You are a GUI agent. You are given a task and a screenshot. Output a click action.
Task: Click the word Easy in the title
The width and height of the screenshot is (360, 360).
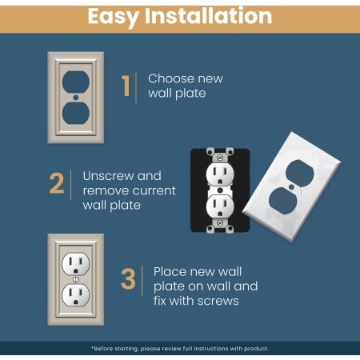pyautogui.click(x=113, y=17)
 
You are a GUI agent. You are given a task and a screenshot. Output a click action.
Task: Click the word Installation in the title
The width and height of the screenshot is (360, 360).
pyautogui.click(x=208, y=16)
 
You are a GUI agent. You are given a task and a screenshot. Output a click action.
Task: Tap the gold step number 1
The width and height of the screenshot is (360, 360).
pyautogui.click(x=126, y=86)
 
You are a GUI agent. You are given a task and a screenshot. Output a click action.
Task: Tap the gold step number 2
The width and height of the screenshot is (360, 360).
pyautogui.click(x=57, y=183)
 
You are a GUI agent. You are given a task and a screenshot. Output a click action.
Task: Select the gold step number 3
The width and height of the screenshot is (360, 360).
pyautogui.click(x=128, y=279)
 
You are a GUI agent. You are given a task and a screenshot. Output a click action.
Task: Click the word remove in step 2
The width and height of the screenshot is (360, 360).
pyautogui.click(x=106, y=191)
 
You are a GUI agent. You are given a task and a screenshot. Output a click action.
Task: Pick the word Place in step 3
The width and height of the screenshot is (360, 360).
pyautogui.click(x=171, y=272)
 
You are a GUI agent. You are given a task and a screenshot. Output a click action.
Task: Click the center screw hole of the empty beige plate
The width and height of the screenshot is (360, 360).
pyautogui.click(x=76, y=98)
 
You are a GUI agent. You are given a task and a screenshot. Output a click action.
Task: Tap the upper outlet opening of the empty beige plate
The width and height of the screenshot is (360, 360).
pyautogui.click(x=76, y=82)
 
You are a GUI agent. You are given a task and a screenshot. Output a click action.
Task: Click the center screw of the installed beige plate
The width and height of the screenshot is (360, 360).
pyautogui.click(x=76, y=279)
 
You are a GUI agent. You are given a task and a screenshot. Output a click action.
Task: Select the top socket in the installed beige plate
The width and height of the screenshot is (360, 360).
pyautogui.click(x=76, y=264)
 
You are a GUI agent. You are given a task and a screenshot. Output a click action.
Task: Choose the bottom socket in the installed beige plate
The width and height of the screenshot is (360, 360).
pyautogui.click(x=76, y=295)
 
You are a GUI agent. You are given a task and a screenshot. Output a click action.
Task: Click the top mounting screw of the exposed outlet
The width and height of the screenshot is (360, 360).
pyautogui.click(x=220, y=158)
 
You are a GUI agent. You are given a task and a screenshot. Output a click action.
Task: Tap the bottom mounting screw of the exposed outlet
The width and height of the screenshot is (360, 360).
pyautogui.click(x=220, y=223)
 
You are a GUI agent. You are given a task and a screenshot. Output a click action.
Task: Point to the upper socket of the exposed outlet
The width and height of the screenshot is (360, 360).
pyautogui.click(x=220, y=174)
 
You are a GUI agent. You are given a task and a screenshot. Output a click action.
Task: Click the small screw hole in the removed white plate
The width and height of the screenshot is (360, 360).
pyautogui.click(x=292, y=186)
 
